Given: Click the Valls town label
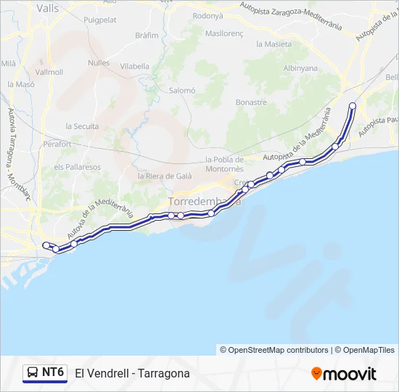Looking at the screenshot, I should click(47, 9).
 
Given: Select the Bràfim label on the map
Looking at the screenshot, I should click(147, 35).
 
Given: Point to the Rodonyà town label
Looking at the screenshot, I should click(208, 15).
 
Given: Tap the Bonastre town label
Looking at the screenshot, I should click(252, 102).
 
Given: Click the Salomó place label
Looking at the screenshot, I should click(182, 91).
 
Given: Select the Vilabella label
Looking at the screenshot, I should click(134, 65).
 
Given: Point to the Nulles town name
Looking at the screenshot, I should click(99, 63).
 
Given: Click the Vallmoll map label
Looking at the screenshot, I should click(49, 72).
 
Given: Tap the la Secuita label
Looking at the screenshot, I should click(82, 126).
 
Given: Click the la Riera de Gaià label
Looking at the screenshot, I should click(165, 176).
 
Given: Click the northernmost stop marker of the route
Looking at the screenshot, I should click(353, 106).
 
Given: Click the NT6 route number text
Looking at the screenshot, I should click(53, 372).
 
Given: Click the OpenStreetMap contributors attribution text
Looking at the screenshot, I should click(279, 350).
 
